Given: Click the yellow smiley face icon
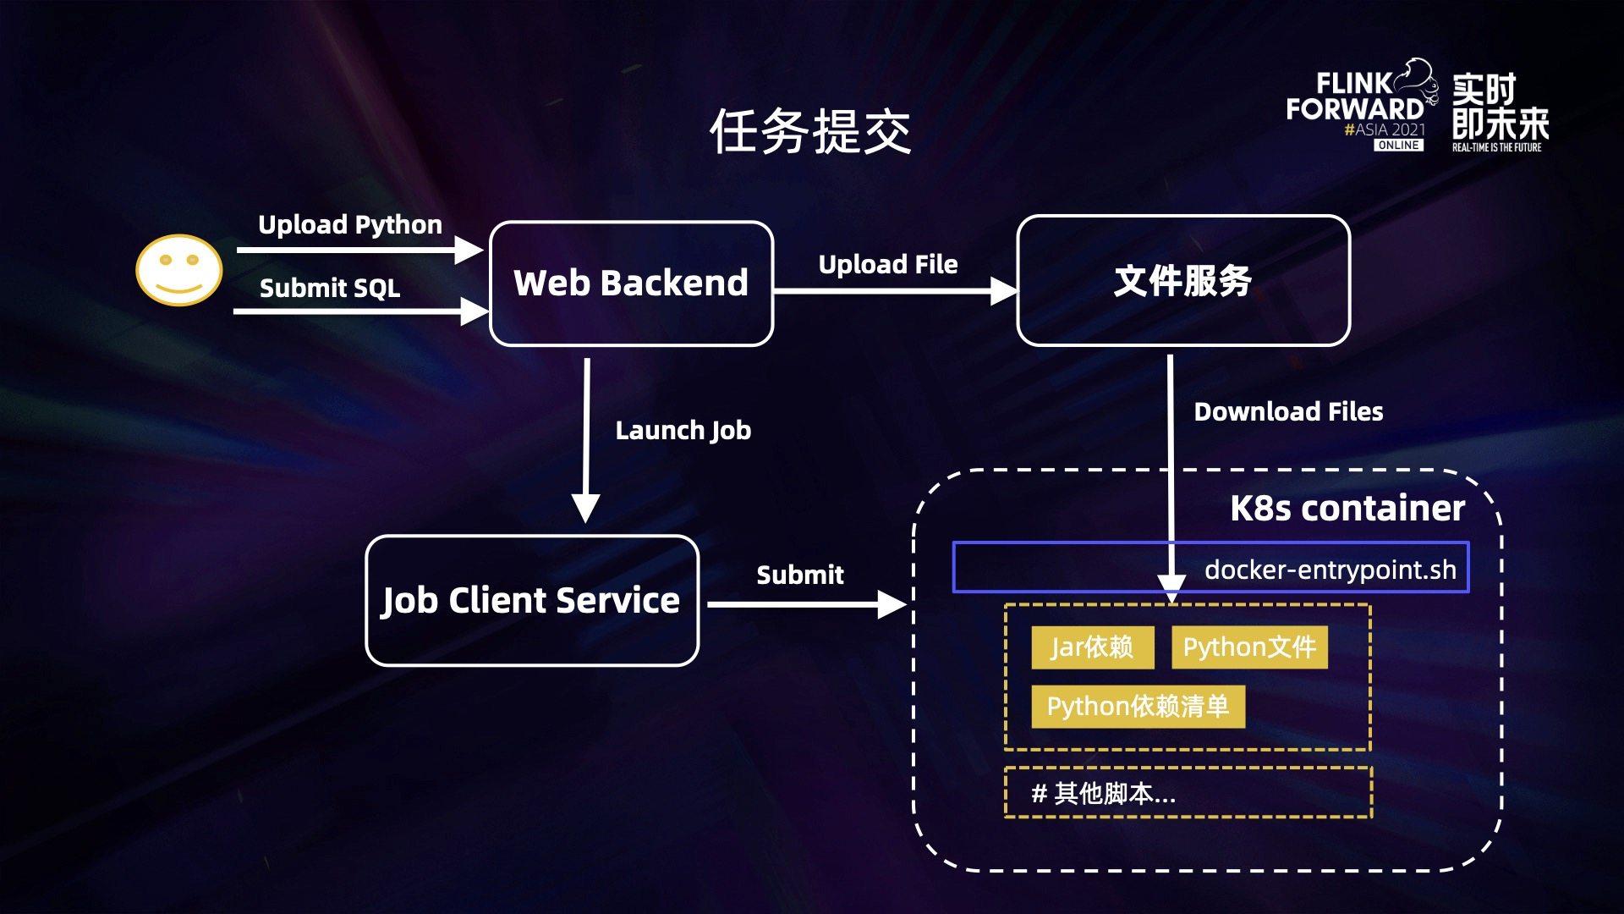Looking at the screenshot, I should (x=178, y=270).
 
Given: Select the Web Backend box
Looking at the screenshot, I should (x=631, y=284).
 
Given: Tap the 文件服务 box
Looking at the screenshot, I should (x=1182, y=281).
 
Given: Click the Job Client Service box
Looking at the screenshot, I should (x=531, y=601).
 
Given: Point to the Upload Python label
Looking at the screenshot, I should (x=349, y=225).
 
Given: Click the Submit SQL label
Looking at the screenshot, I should (x=330, y=289).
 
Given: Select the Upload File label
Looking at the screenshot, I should (x=887, y=265).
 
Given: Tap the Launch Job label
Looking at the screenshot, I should (x=683, y=431).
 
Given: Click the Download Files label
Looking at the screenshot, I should (x=1287, y=412).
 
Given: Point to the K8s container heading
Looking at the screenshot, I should (x=1347, y=509).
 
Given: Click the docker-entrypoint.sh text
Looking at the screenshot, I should (x=1330, y=570).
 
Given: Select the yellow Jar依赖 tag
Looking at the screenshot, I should (x=1091, y=647).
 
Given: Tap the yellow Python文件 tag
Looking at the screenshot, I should (x=1248, y=647).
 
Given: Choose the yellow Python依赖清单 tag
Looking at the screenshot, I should (x=1137, y=707).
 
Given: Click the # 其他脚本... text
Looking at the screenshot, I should (x=1103, y=794).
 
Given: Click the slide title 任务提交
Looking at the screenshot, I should (x=810, y=132).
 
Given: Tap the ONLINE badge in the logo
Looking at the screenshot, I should (x=1398, y=146).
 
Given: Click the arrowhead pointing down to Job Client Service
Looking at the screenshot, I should (x=585, y=509).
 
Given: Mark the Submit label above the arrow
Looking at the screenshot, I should (x=799, y=575).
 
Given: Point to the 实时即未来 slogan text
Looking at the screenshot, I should (x=1500, y=107).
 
